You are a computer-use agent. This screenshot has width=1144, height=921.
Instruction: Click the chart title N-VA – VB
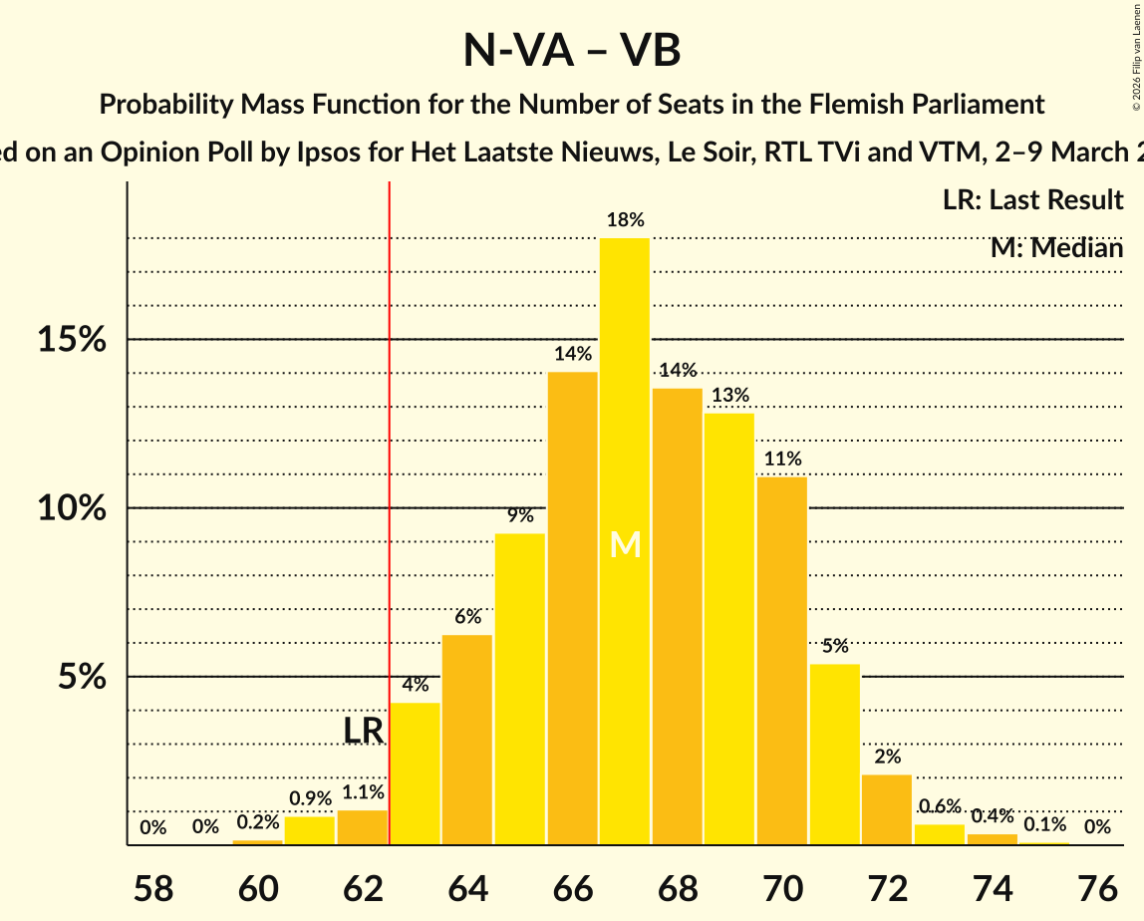pyautogui.click(x=572, y=50)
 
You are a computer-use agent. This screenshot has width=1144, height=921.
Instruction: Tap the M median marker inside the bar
pyautogui.click(x=625, y=544)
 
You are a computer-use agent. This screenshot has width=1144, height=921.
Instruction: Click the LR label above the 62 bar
pyautogui.click(x=363, y=731)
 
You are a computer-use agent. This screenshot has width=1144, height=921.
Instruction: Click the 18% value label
pyautogui.click(x=625, y=220)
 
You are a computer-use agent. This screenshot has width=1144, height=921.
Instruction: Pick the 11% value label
pyautogui.click(x=782, y=460)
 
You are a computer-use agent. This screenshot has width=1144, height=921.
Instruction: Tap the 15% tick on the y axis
pyautogui.click(x=72, y=340)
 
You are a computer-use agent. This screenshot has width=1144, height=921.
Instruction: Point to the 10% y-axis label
pyautogui.click(x=72, y=508)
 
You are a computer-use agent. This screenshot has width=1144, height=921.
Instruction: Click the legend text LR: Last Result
pyautogui.click(x=1032, y=200)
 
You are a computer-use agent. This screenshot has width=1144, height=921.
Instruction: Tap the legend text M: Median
pyautogui.click(x=1056, y=247)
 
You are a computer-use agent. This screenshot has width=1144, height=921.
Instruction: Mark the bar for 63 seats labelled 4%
pyautogui.click(x=415, y=773)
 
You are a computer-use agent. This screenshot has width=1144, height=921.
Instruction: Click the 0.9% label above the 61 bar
pyautogui.click(x=310, y=799)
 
